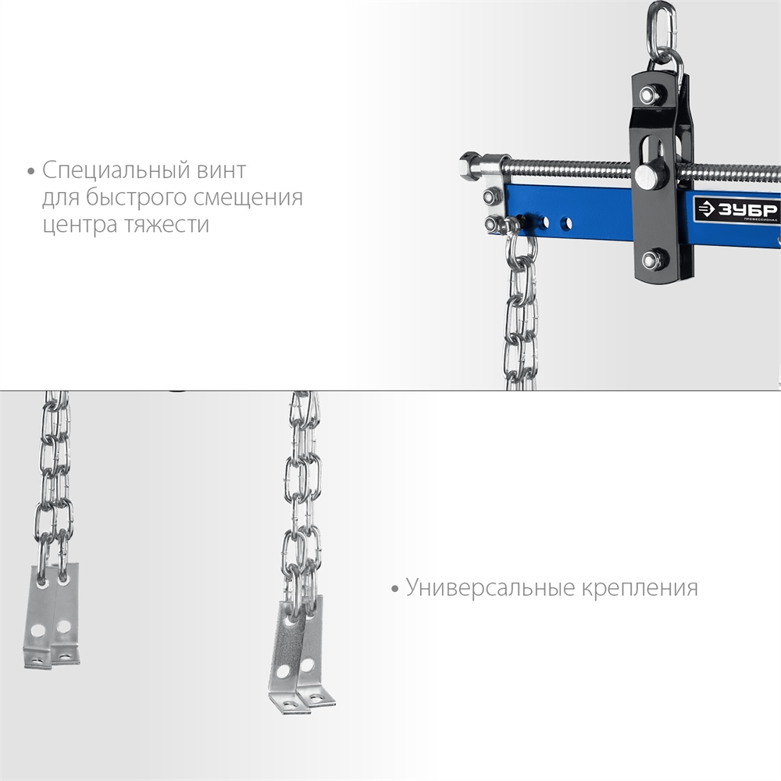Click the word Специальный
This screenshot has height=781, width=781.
[x=116, y=171]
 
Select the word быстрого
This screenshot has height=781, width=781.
[x=135, y=198]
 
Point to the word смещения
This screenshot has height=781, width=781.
[x=248, y=198]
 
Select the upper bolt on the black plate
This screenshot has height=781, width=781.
[x=648, y=94]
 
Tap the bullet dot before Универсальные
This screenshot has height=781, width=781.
[x=395, y=589]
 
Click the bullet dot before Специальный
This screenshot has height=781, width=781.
[x=31, y=172]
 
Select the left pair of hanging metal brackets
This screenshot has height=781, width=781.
[x=52, y=615]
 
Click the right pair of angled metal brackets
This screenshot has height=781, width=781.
[x=301, y=655]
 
